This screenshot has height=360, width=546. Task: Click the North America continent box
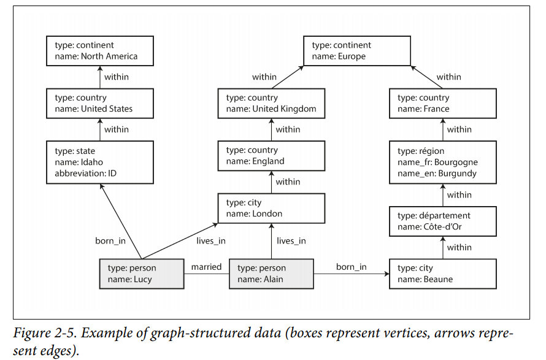100,51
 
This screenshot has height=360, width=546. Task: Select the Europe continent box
357,51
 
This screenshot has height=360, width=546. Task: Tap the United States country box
100,104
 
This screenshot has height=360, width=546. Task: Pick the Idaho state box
100,163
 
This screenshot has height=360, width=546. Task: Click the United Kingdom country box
271,104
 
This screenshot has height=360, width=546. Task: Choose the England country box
271,156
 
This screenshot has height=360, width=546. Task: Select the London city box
271,208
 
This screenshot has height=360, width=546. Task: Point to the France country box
442,104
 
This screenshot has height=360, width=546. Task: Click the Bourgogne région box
442,163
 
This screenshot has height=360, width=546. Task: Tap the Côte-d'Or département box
442,221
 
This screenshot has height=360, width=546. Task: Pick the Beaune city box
442,274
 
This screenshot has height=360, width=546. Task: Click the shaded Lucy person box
142,274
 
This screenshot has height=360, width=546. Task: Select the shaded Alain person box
271,274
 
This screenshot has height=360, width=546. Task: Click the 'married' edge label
206,267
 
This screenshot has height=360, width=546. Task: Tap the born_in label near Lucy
110,241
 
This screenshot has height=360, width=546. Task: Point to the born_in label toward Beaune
352,267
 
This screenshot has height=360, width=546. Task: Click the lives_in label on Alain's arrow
291,241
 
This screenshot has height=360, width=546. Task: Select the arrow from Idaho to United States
100,129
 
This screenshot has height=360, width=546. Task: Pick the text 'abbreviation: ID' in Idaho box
86,173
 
